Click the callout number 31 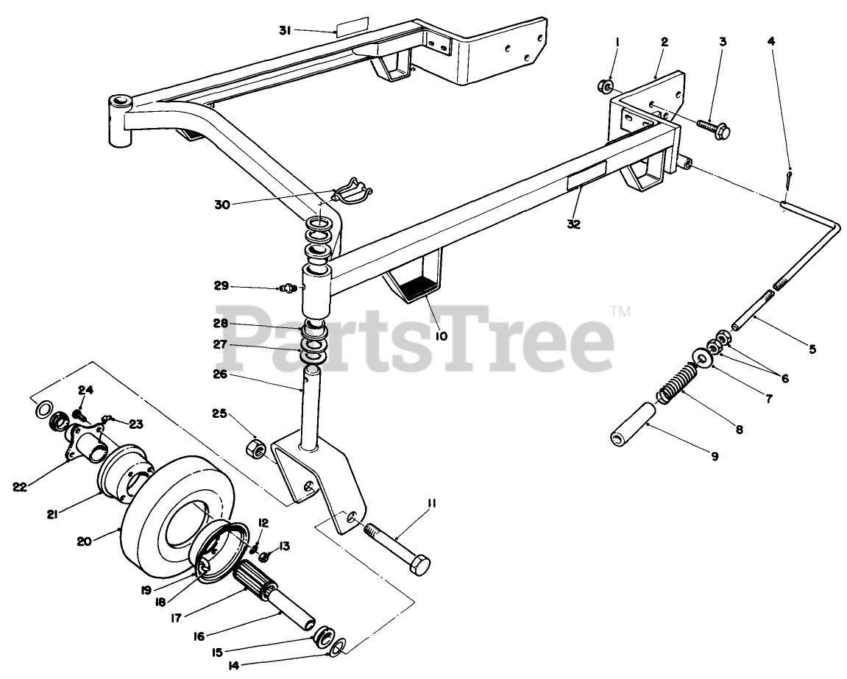tap(286, 30)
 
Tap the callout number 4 tap(770, 42)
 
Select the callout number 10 tap(441, 335)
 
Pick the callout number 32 tap(574, 224)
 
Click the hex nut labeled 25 tap(255, 447)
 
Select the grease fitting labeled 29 tap(289, 288)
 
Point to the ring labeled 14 tap(336, 647)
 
